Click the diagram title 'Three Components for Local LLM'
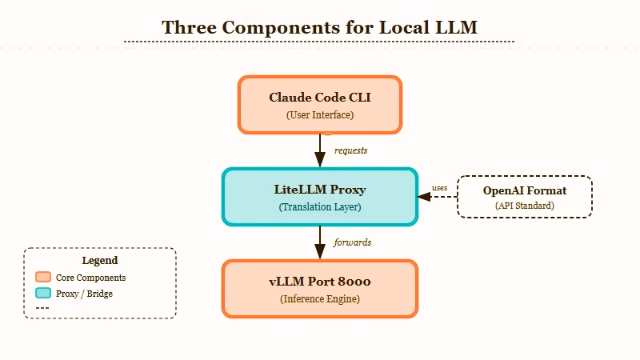319,27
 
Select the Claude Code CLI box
319,105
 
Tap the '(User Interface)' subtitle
319,115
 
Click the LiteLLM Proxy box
319,197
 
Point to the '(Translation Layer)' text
319,207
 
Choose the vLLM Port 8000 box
319,289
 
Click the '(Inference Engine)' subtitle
319,299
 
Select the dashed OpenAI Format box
524,197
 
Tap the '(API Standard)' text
524,206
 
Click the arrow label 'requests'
350,150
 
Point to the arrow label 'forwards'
352,242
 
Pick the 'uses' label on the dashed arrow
439,188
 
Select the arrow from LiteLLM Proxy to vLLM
319,242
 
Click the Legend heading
100,261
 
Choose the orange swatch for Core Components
43,278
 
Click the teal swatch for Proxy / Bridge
43,294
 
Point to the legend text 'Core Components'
90,278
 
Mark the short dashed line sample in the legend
43,308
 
